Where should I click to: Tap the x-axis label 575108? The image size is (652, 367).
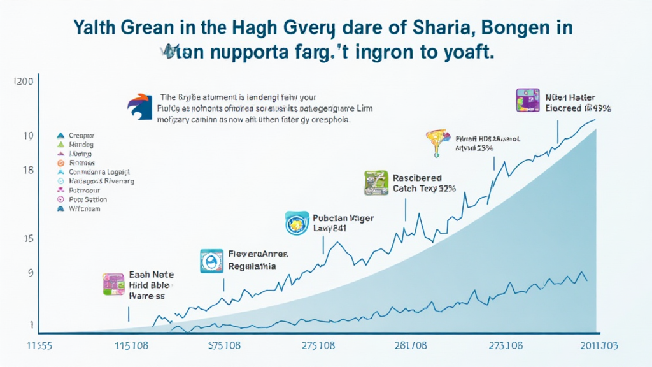click(224, 346)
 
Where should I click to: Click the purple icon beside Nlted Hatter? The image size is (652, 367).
click(527, 101)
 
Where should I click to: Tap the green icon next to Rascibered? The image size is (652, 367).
click(376, 182)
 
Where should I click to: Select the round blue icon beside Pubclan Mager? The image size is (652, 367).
click(297, 224)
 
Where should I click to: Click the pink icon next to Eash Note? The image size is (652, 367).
click(113, 284)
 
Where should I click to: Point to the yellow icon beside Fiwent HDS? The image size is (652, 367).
click(437, 142)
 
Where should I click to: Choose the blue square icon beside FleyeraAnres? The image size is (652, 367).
click(211, 261)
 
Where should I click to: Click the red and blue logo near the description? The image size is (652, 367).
click(141, 105)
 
